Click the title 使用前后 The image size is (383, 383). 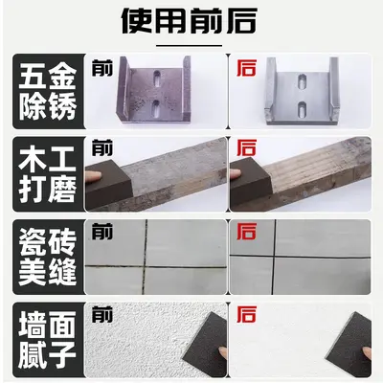[x=190, y=21]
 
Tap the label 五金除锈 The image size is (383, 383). [x=48, y=92]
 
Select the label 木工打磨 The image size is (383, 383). [x=48, y=174]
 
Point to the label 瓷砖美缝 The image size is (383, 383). [x=48, y=258]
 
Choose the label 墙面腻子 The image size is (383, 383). [x=48, y=340]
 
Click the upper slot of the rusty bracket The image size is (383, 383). [x=157, y=79]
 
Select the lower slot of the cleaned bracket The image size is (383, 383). [x=302, y=109]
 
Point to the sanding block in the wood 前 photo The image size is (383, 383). [x=109, y=185]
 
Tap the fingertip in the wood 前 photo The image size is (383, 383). [x=94, y=175]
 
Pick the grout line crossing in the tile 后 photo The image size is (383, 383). [x=275, y=256]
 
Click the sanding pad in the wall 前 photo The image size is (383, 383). [x=205, y=345]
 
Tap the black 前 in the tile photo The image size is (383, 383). [x=102, y=232]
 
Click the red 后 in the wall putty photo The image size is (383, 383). [x=246, y=314]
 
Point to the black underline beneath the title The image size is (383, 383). [x=190, y=46]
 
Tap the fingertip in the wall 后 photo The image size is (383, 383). [x=367, y=353]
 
